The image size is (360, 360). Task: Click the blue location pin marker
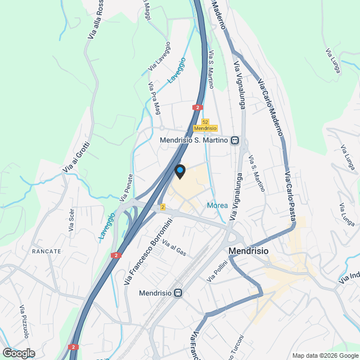(180, 170)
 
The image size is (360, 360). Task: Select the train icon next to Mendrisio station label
(178, 292)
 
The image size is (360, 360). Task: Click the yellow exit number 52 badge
(205, 121)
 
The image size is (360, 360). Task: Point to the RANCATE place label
(47, 251)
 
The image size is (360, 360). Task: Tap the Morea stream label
(217, 205)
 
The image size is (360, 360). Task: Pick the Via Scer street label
(71, 220)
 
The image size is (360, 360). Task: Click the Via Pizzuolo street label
(25, 322)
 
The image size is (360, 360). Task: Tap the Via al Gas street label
(174, 248)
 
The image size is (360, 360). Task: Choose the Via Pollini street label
(217, 272)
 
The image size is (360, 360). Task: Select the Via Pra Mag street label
(154, 98)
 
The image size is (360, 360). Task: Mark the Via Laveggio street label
(159, 56)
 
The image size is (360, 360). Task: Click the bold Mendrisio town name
(247, 251)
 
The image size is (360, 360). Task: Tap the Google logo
(19, 353)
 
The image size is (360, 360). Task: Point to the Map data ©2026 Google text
(325, 355)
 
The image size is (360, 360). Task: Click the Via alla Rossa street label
(96, 20)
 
